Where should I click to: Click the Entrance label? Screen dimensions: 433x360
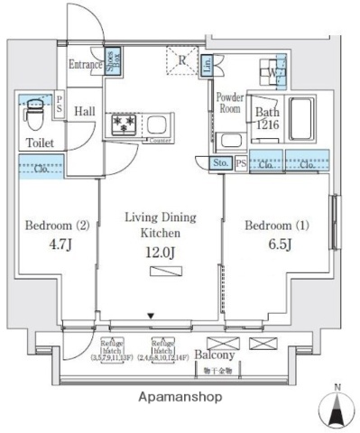[85, 64]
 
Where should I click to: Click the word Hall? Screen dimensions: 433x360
[85, 110]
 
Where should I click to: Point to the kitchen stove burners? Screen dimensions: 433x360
[123, 123]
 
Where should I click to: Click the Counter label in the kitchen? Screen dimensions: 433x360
[159, 140]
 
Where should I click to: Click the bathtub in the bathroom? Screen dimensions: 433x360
[300, 117]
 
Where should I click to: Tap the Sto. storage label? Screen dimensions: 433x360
[221, 163]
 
